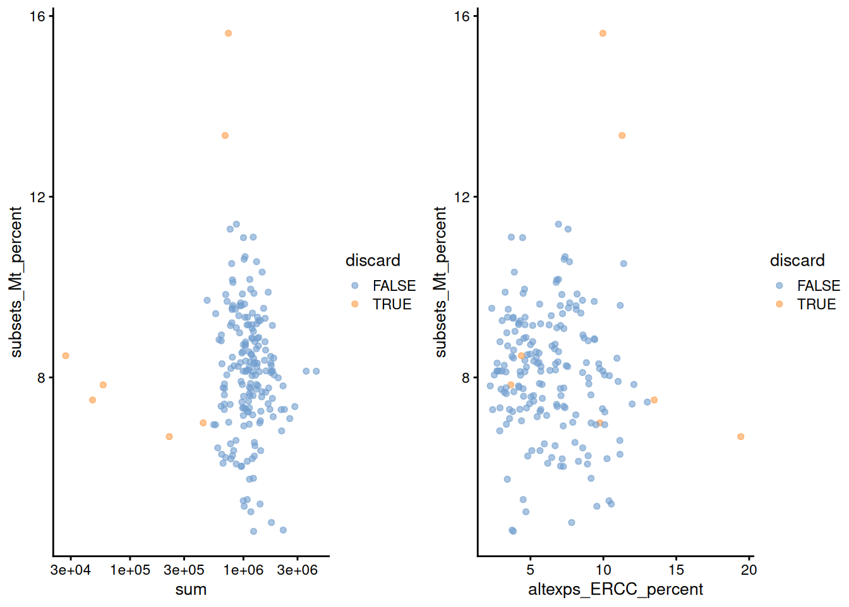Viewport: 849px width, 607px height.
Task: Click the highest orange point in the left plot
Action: pyautogui.click(x=228, y=34)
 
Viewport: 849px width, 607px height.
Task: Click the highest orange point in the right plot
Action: pyautogui.click(x=603, y=34)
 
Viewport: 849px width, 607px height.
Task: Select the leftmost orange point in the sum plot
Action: pyautogui.click(x=66, y=356)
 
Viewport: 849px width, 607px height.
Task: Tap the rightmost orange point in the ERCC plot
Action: pyautogui.click(x=740, y=437)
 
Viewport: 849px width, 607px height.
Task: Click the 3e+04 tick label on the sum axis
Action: pyautogui.click(x=70, y=570)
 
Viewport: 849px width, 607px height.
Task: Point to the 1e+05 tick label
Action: pyautogui.click(x=130, y=570)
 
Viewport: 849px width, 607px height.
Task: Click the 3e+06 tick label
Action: pyautogui.click(x=297, y=570)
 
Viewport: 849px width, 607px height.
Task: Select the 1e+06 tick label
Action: pyautogui.click(x=243, y=570)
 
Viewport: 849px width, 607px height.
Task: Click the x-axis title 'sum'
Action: pyautogui.click(x=191, y=589)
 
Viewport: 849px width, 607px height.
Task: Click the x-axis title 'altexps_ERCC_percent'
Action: pyautogui.click(x=615, y=589)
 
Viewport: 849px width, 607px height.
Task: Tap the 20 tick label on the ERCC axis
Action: pyautogui.click(x=749, y=570)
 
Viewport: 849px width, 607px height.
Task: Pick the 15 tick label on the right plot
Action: pyautogui.click(x=676, y=570)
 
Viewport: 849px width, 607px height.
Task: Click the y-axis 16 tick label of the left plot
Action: pyautogui.click(x=38, y=16)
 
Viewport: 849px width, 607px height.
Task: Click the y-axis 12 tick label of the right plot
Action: pyautogui.click(x=462, y=197)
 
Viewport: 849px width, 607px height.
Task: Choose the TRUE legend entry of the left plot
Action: pyautogui.click(x=392, y=304)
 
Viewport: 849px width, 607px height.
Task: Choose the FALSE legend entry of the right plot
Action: pyautogui.click(x=818, y=286)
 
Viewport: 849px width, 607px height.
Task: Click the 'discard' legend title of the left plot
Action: pyautogui.click(x=373, y=261)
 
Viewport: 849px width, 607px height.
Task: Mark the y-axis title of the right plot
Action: pyautogui.click(x=440, y=282)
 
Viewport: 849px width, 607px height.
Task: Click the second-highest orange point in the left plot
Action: pyautogui.click(x=225, y=135)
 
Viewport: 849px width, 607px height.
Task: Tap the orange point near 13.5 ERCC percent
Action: pyautogui.click(x=654, y=400)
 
